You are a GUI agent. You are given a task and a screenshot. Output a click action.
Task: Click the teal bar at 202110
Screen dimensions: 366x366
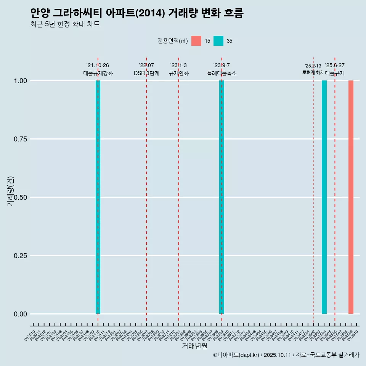point(98,197)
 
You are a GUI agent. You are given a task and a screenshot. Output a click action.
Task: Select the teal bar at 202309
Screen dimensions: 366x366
point(222,197)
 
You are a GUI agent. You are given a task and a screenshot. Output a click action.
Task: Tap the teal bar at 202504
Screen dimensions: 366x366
point(324,197)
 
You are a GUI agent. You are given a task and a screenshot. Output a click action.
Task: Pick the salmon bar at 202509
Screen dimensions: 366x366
point(351,197)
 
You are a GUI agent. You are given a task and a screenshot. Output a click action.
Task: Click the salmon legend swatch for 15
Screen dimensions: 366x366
point(196,41)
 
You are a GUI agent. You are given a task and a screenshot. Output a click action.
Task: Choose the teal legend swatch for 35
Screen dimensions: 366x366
point(218,41)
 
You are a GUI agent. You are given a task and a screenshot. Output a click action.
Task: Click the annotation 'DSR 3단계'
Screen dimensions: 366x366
point(146,73)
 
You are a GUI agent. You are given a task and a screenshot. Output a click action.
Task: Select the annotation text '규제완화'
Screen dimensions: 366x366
point(178,73)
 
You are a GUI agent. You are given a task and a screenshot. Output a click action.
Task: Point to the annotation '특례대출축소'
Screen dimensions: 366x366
point(222,73)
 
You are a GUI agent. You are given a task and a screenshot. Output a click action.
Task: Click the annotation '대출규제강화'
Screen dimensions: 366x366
point(98,73)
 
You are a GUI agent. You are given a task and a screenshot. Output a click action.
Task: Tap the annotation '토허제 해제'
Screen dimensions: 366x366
point(313,72)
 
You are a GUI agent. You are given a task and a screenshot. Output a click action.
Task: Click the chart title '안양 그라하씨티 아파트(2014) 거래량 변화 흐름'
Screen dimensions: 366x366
point(136,13)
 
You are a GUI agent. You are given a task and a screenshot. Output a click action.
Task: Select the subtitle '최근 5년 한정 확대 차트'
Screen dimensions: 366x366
point(65,24)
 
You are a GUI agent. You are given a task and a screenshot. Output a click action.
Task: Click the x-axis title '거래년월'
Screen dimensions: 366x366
point(194,346)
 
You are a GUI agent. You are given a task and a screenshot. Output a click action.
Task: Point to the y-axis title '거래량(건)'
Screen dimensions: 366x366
point(10,191)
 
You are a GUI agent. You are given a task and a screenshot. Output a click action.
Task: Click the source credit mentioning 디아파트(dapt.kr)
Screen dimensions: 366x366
point(286,355)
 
